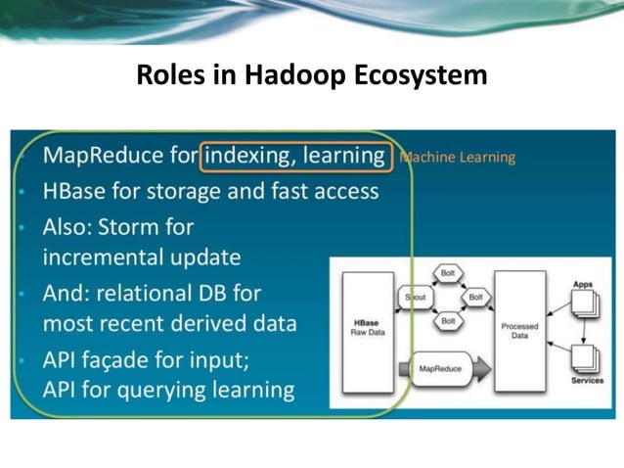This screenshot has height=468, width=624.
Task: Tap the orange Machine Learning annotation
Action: click(457, 157)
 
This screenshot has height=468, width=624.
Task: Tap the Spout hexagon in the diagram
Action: click(418, 297)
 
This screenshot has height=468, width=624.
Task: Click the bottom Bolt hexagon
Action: click(447, 320)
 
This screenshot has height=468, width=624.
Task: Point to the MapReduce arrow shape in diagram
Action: click(442, 369)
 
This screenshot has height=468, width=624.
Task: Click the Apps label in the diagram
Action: click(582, 284)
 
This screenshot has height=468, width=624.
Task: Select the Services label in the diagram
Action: click(587, 380)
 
